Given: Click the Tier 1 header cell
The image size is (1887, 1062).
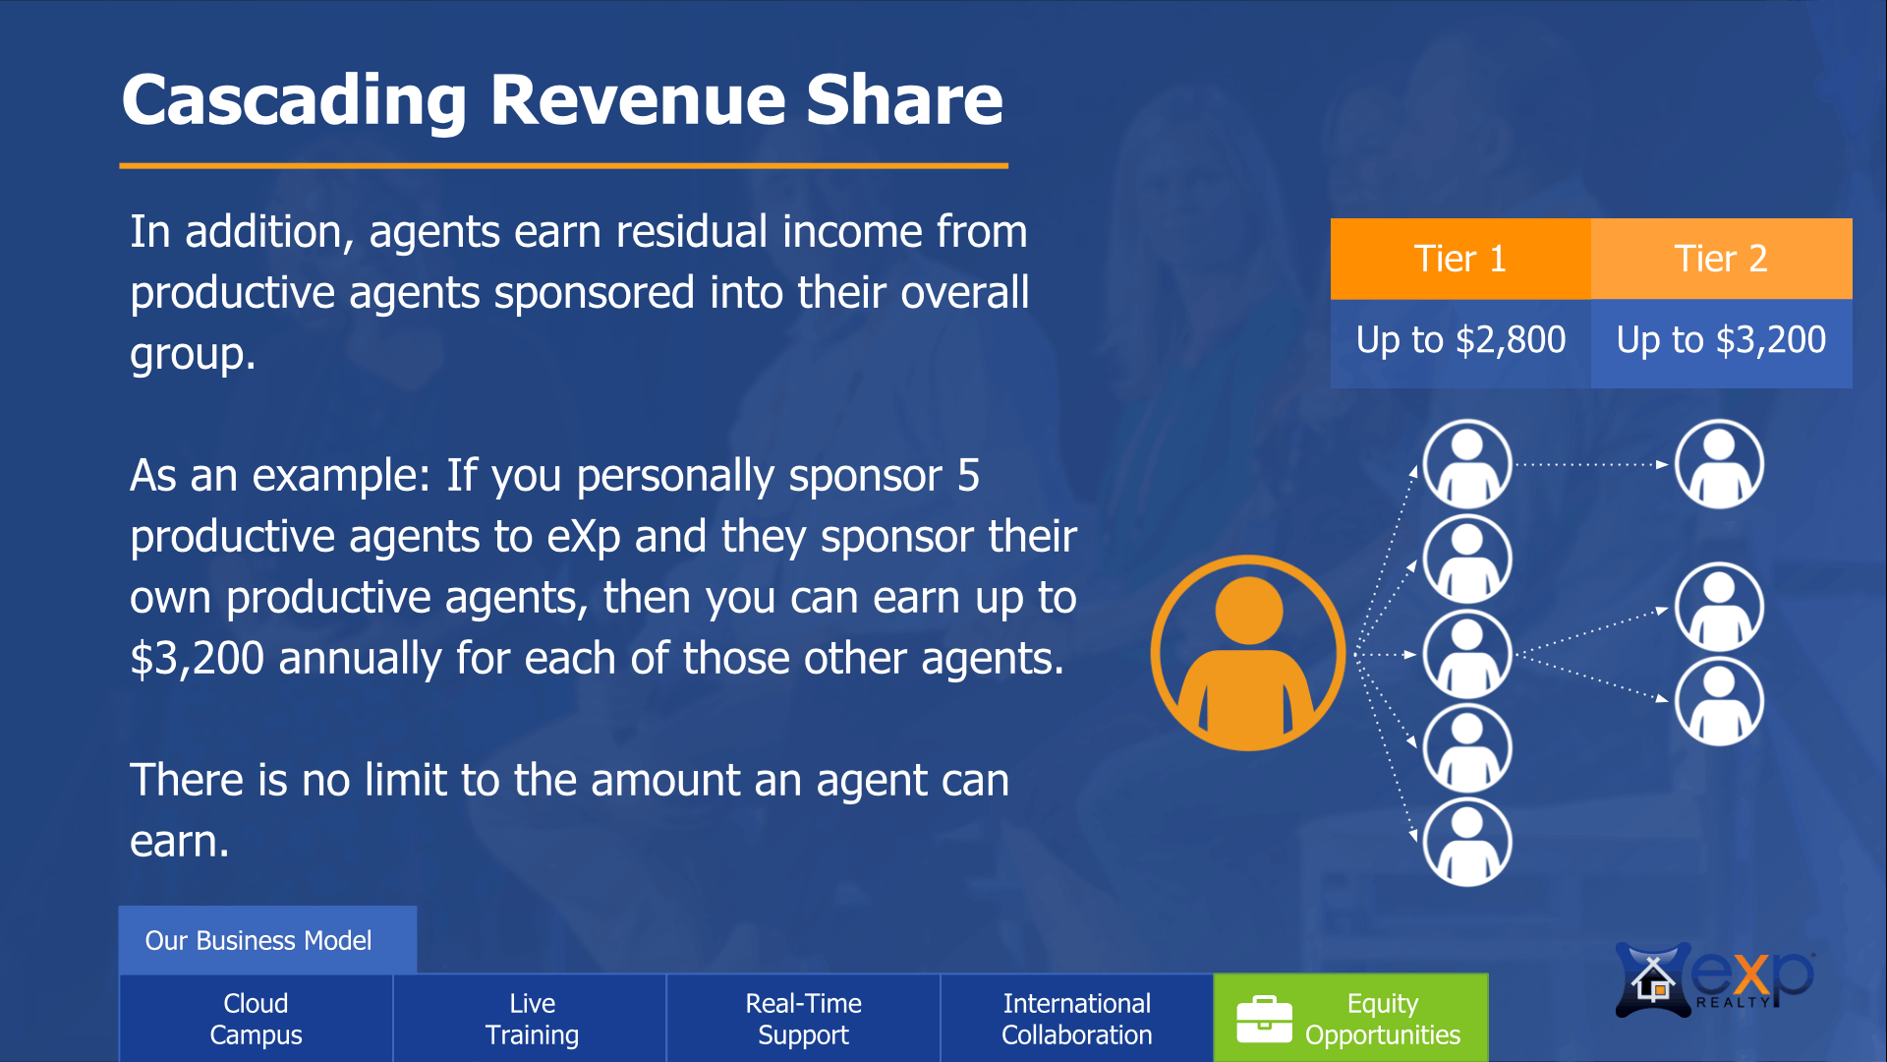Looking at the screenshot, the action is (x=1460, y=259).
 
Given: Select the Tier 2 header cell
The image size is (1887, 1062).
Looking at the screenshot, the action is (x=1722, y=259).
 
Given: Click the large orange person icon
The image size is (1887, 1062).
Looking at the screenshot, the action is (x=1248, y=653).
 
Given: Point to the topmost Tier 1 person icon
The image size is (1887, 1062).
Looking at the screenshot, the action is (x=1467, y=464).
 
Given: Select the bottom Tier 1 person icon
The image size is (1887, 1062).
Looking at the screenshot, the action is (x=1467, y=842).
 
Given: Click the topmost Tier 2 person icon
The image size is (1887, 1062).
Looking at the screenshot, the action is (x=1719, y=464).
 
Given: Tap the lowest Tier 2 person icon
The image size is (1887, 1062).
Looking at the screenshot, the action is (x=1719, y=701).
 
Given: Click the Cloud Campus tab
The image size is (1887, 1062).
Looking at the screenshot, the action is (x=256, y=1019).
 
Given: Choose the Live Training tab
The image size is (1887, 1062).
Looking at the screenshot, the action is (x=531, y=1019).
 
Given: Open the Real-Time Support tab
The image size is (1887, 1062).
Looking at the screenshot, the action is (x=804, y=1019).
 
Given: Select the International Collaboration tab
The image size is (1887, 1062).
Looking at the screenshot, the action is (x=1077, y=1019).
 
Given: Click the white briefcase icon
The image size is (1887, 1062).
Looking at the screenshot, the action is (x=1264, y=1019).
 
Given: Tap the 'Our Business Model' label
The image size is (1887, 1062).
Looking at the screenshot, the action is (x=258, y=941).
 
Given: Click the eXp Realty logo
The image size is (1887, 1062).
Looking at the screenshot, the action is (x=1714, y=979).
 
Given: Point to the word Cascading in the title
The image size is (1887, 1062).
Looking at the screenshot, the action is (x=294, y=100).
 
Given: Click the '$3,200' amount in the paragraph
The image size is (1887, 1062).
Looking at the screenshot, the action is (x=197, y=659).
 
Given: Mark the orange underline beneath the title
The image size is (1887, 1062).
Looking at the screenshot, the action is (x=564, y=165).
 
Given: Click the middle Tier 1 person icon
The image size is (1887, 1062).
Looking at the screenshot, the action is (x=1467, y=654).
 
